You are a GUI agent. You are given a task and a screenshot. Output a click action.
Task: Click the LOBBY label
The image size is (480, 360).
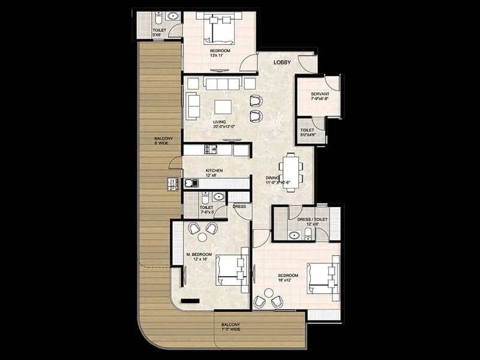tap(282, 62)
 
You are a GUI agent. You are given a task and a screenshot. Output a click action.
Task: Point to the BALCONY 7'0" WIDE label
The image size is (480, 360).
tap(230, 327)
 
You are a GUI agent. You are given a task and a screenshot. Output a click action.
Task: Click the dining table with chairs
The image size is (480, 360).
tap(290, 172)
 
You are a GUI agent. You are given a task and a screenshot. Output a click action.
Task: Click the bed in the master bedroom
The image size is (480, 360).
tap(230, 272)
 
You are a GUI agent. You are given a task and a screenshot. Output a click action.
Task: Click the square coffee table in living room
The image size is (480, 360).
tap(223, 107)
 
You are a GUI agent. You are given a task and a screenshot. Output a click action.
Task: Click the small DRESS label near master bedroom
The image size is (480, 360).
tap(239, 206)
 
